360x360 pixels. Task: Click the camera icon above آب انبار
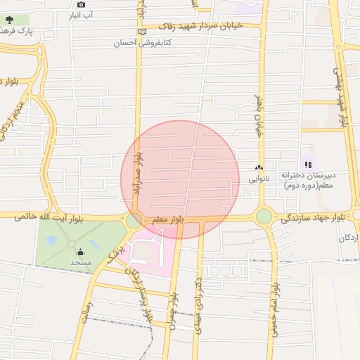81,4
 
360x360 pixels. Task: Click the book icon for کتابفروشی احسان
143,32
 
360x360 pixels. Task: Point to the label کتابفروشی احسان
143,43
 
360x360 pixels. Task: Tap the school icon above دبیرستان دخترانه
308,165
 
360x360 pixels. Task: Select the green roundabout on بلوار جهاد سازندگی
264,217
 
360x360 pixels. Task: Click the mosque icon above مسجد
80,252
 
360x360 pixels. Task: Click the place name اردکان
349,237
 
